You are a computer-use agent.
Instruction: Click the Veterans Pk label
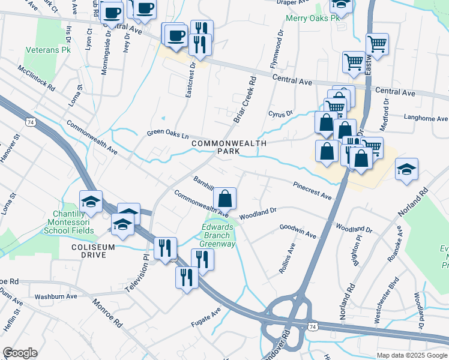[x=48, y=50]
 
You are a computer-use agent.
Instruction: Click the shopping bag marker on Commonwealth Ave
[x=224, y=198]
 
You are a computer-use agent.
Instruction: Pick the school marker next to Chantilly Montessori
[x=91, y=202]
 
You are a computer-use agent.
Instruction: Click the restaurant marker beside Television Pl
[x=164, y=248]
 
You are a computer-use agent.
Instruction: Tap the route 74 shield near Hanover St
[x=30, y=122]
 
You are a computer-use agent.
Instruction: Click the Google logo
[x=20, y=352]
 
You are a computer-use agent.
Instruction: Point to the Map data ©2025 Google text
[x=411, y=355]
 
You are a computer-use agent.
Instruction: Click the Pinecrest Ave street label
[x=312, y=191]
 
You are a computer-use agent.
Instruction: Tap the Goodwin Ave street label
[x=298, y=232]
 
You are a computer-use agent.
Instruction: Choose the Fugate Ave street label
[x=206, y=314]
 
